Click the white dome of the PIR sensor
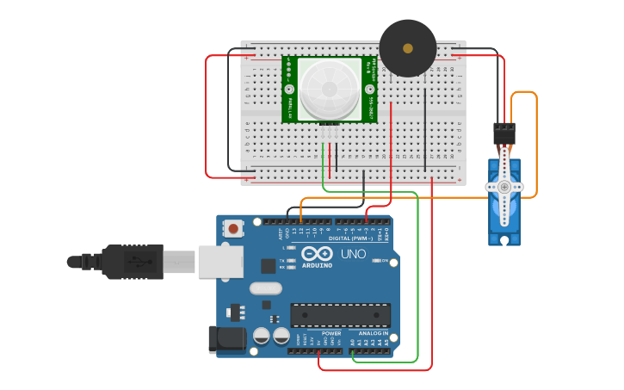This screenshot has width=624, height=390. [x=330, y=89]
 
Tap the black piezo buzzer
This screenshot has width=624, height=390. [x=408, y=48]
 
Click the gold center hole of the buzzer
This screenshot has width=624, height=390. [x=408, y=48]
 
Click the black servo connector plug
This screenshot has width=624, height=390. [x=504, y=133]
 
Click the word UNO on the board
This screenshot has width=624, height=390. [x=354, y=255]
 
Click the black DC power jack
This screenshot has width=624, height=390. [x=227, y=338]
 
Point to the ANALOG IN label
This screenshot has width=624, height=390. [x=373, y=333]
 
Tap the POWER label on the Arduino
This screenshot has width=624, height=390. [x=331, y=333]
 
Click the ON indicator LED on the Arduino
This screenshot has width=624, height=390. [x=374, y=261]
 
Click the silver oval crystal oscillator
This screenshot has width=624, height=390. [x=266, y=289]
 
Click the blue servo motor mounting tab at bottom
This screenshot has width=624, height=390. [x=504, y=240]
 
